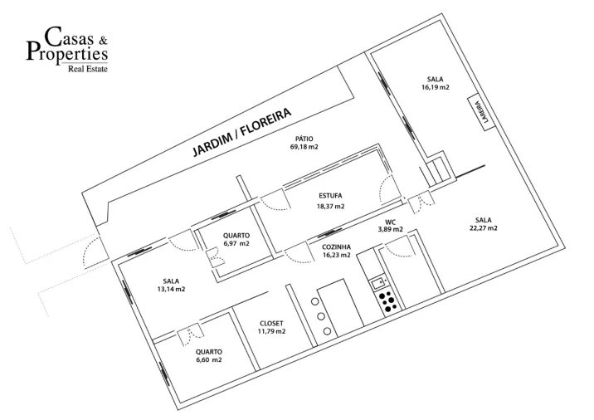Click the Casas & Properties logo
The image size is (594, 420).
(x=67, y=49)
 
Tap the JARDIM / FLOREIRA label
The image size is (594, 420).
(x=242, y=132)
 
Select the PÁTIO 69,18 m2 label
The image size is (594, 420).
(x=304, y=143)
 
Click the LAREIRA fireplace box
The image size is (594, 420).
(x=481, y=112)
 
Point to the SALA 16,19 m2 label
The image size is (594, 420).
(x=435, y=83)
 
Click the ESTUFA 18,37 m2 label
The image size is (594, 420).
(x=330, y=201)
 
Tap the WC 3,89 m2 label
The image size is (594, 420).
(x=390, y=226)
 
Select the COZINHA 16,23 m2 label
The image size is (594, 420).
(x=336, y=251)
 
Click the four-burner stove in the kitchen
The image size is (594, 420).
(x=388, y=302)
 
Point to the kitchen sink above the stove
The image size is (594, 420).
(x=378, y=282)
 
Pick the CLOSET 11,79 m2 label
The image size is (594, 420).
(x=271, y=328)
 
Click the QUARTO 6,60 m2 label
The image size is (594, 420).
(x=209, y=355)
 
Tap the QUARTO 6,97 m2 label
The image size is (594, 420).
(x=236, y=240)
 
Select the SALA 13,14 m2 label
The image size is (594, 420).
(x=171, y=285)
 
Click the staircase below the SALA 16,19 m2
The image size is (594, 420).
(x=437, y=171)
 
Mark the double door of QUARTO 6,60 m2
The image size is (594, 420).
(x=191, y=334)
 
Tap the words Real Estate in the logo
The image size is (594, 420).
(x=87, y=69)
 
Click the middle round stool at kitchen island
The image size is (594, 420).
(x=321, y=316)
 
